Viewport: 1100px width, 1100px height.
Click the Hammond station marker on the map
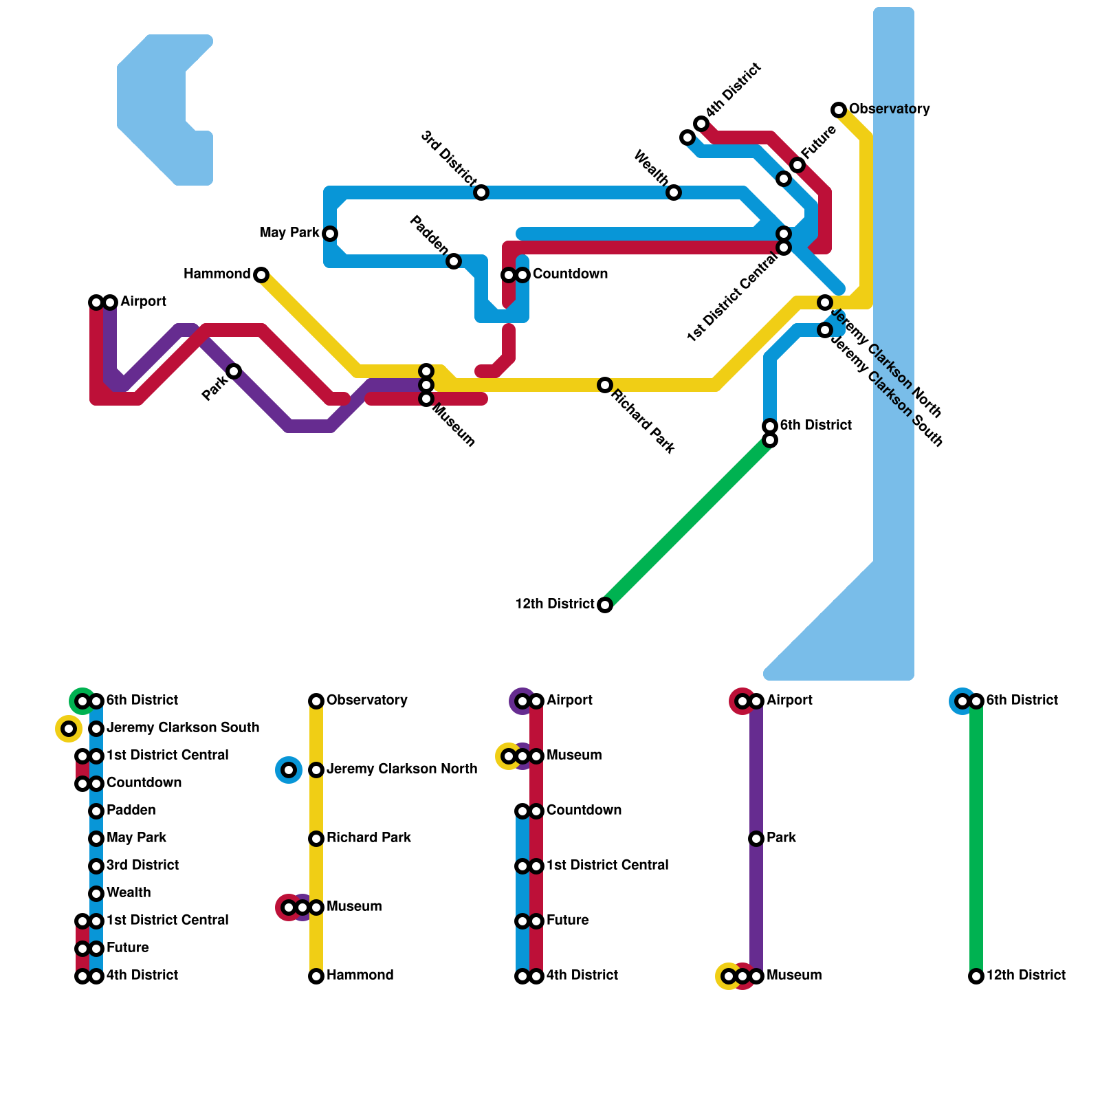pyautogui.click(x=261, y=275)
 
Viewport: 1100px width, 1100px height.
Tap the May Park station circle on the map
pyautogui.click(x=330, y=234)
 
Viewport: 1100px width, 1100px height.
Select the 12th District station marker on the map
pyautogui.click(x=605, y=605)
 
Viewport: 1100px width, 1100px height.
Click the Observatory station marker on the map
pyautogui.click(x=839, y=110)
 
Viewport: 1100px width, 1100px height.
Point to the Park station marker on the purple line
pyautogui.click(x=234, y=371)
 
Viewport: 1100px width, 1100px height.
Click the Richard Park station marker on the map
pyautogui.click(x=605, y=385)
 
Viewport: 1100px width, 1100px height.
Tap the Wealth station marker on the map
pyautogui.click(x=674, y=192)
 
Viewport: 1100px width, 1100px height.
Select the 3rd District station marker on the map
pyautogui.click(x=481, y=192)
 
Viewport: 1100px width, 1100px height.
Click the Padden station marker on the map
pyautogui.click(x=454, y=261)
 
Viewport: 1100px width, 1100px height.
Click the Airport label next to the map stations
pyautogui.click(x=143, y=302)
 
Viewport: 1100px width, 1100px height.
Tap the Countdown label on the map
pyautogui.click(x=570, y=274)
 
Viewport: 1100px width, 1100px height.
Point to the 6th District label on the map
pyautogui.click(x=816, y=426)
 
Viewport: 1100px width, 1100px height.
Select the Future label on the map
pyautogui.click(x=819, y=142)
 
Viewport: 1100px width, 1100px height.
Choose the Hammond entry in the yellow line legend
pyautogui.click(x=360, y=976)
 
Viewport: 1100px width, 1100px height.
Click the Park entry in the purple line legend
pyautogui.click(x=781, y=838)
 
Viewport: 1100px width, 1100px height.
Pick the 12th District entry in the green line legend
pyautogui.click(x=1026, y=976)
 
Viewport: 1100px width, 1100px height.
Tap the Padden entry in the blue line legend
pyautogui.click(x=131, y=811)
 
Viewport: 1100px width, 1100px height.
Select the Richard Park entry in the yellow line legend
pyautogui.click(x=368, y=838)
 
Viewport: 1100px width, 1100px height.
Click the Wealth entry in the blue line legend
pyautogui.click(x=129, y=893)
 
